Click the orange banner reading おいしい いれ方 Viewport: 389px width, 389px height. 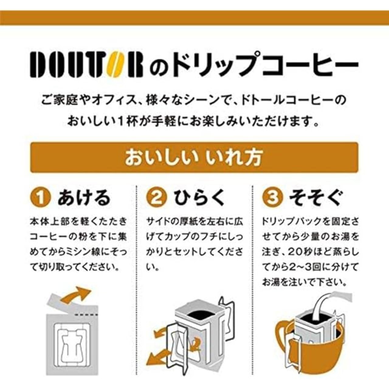pyautogui.click(x=194, y=157)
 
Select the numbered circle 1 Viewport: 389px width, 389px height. pyautogui.click(x=41, y=198)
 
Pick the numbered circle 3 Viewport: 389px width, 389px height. pyautogui.click(x=273, y=198)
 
